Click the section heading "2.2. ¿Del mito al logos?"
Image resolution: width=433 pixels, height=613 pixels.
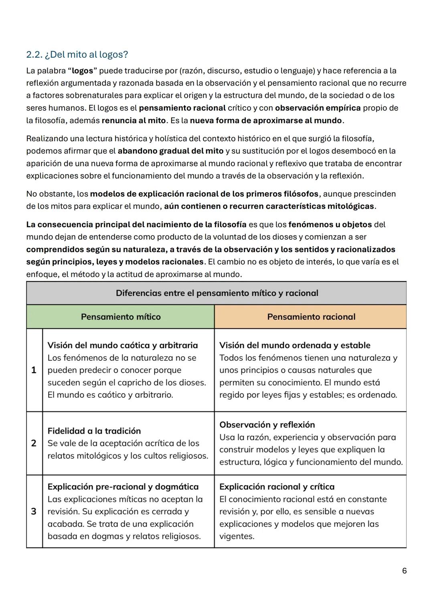pos(77,54)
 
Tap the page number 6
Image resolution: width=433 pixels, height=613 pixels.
pos(404,570)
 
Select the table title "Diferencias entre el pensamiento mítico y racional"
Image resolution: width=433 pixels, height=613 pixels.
pos(216,293)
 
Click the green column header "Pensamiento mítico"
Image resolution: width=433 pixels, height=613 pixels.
pos(121,317)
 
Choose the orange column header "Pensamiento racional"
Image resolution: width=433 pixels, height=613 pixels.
pos(311,317)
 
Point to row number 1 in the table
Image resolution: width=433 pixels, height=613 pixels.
pos(34,370)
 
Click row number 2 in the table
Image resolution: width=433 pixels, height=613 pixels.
pos(34,443)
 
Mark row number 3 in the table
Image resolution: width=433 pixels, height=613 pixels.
pos(34,511)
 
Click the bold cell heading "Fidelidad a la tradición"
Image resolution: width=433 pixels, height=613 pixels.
pos(94,431)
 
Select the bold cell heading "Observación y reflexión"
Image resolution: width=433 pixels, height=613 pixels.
pos(267,425)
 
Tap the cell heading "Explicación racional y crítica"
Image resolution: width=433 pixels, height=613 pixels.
pos(277,487)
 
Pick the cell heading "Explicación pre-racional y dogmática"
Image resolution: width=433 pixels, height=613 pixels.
pos(123,487)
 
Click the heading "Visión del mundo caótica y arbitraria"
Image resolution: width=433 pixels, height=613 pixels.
pos(123,345)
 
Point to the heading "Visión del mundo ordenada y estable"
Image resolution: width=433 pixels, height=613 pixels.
pos(295,345)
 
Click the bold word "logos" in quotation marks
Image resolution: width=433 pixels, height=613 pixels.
pos(82,71)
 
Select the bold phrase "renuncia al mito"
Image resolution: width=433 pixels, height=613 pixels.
pos(134,120)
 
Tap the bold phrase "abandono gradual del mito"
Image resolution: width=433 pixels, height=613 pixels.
pos(170,151)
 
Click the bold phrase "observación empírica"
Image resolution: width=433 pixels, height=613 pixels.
pos(318,108)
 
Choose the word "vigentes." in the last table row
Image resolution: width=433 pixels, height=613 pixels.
pos(237,536)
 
